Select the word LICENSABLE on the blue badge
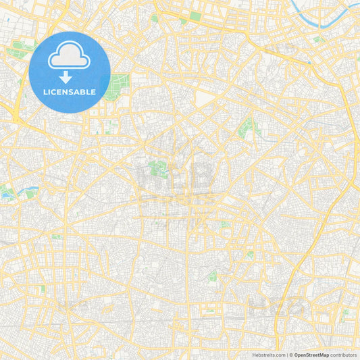point(70,92)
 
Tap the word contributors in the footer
point(344,355)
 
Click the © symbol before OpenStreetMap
point(292,355)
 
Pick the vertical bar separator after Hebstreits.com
point(288,355)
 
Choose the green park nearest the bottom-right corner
point(344,313)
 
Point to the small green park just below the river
point(317,40)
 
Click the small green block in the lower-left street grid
point(43,288)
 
